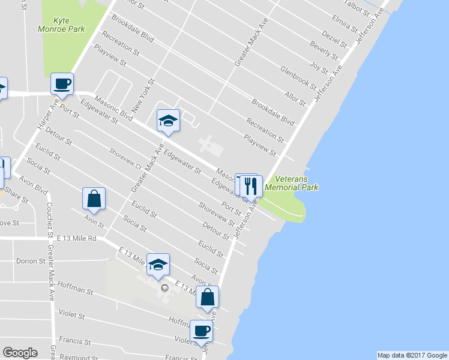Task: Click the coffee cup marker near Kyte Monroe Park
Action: (x=62, y=83)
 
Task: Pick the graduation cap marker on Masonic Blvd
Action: (x=168, y=121)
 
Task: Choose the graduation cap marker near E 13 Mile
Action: (x=158, y=265)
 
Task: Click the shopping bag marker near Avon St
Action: (x=94, y=198)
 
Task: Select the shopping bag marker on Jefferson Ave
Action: (x=207, y=296)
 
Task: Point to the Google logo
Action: (x=20, y=353)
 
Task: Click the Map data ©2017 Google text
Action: (x=412, y=355)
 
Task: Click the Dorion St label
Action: (x=31, y=261)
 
